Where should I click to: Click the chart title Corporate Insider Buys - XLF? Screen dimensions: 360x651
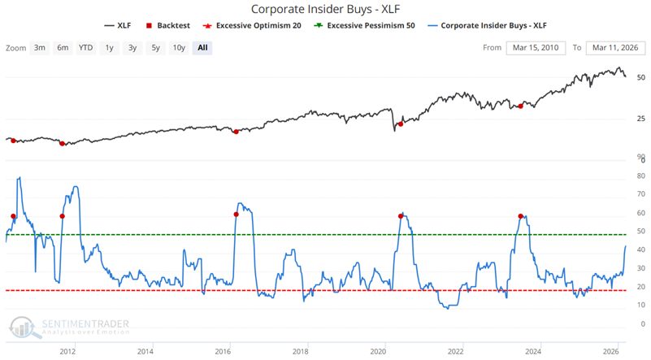pos(325,10)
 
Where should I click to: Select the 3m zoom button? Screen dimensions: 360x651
pos(40,47)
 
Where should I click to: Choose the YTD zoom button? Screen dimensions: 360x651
pos(85,47)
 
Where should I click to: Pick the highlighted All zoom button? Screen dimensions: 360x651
pos(202,47)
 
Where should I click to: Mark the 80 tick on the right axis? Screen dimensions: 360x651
pos(641,176)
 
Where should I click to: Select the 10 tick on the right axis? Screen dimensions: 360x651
pos(641,305)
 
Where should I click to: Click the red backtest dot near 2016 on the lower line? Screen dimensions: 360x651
pos(236,215)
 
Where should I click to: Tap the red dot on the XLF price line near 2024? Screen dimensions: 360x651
pos(521,106)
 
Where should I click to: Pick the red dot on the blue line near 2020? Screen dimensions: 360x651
pos(401,216)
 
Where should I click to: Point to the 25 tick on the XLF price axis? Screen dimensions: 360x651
pos(641,119)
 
